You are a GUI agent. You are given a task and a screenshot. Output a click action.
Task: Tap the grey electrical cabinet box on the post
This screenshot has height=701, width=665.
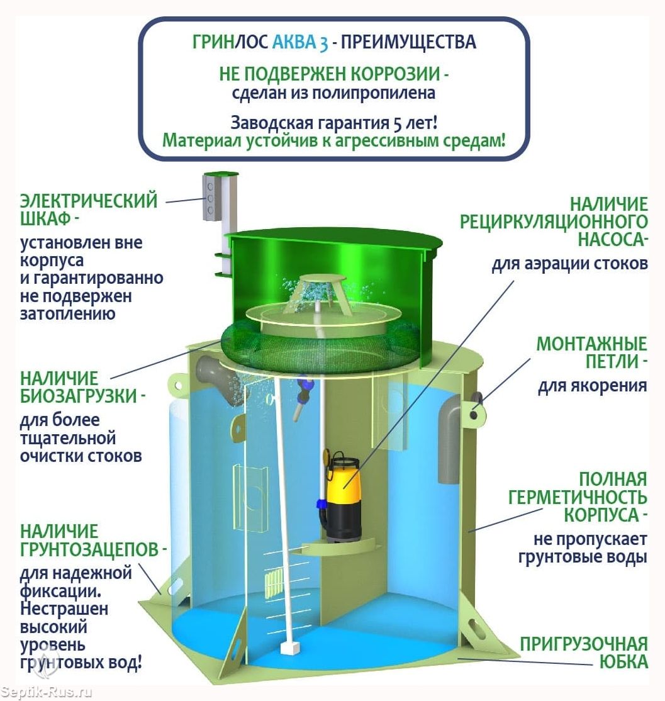tap(211, 197)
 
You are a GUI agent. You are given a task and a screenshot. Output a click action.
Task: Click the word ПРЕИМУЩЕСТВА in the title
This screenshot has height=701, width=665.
tap(408, 42)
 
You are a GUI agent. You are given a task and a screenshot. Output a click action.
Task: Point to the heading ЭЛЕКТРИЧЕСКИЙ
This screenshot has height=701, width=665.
tap(89, 201)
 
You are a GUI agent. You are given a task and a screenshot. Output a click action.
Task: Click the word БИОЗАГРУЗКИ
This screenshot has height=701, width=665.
tap(79, 396)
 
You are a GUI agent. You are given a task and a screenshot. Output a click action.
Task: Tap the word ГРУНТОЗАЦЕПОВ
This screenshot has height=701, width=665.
tap(89, 549)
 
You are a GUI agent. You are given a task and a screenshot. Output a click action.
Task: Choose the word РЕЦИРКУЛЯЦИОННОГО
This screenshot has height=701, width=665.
tap(554, 222)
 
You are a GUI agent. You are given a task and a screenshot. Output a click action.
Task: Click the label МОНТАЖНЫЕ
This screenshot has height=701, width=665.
tap(592, 344)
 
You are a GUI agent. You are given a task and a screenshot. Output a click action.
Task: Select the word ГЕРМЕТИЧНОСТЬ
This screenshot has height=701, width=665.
tap(578, 497)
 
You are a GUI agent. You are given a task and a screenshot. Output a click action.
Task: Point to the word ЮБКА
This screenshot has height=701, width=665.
tap(623, 661)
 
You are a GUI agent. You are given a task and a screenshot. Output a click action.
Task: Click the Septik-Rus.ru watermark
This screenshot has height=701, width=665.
tap(47, 693)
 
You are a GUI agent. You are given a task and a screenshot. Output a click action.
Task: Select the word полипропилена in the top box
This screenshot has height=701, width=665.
tap(374, 93)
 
